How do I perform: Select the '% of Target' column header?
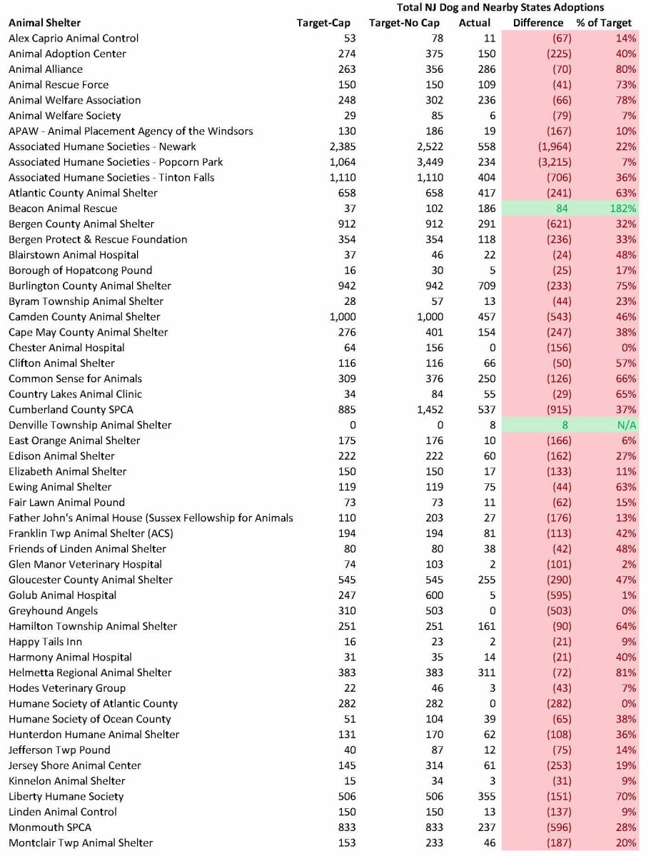[x=604, y=23]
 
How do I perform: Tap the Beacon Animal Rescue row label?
[x=63, y=208]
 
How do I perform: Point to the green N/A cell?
[x=626, y=425]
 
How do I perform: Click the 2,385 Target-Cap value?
[x=340, y=146]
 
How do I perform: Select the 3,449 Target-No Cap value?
[x=427, y=162]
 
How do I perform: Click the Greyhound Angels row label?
[x=54, y=610]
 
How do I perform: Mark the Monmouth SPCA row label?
[x=50, y=827]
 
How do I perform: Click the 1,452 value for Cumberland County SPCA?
[x=427, y=410]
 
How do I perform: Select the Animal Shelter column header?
[x=44, y=23]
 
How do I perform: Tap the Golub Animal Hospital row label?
[x=62, y=595]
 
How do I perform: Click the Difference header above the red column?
[x=538, y=23]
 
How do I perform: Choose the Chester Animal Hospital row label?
[x=66, y=348]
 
